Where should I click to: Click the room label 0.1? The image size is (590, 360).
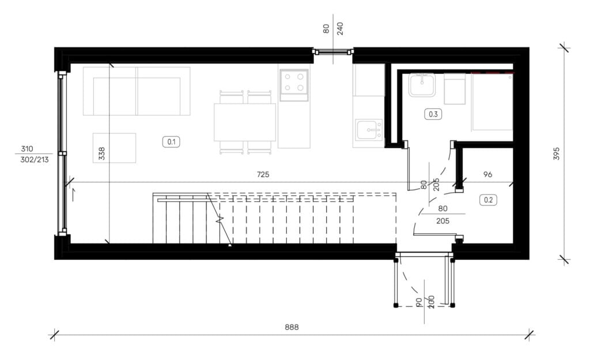[171, 142]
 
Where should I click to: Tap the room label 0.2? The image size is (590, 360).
[488, 200]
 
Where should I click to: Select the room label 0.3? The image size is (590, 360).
[433, 114]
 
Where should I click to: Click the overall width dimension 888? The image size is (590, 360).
[292, 327]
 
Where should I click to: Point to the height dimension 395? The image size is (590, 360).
[557, 153]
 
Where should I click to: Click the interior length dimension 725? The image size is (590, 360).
[263, 175]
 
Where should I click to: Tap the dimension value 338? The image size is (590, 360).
[101, 153]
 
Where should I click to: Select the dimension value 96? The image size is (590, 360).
[487, 175]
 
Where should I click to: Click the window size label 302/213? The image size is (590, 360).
[35, 160]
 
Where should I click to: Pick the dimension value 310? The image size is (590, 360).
[27, 149]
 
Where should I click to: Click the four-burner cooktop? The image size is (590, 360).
[294, 85]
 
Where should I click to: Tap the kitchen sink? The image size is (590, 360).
[369, 130]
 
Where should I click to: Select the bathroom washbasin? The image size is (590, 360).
[422, 85]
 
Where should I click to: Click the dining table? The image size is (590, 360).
[245, 122]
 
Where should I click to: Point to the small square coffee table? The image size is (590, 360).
[115, 148]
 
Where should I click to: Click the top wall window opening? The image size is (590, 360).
[333, 51]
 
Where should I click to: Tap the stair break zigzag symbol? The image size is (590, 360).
[220, 220]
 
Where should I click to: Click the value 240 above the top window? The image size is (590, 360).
[340, 29]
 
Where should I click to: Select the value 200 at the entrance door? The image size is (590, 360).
[432, 302]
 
